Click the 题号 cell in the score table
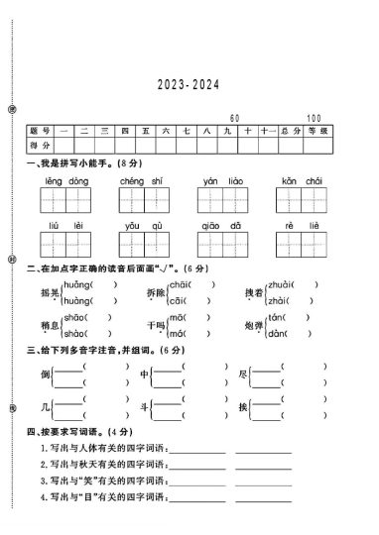click(41, 131)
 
